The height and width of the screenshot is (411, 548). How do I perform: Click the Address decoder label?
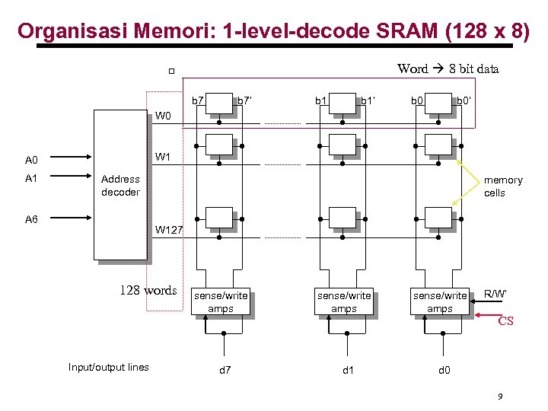pos(120,186)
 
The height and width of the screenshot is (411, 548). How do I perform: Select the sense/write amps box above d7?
pos(221,302)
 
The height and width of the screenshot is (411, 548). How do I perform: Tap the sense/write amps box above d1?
pos(344,302)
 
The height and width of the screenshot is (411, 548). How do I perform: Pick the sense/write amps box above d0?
pos(440,302)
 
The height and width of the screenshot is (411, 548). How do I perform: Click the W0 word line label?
pos(164,116)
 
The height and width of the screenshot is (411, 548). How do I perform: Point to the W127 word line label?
pos(169,229)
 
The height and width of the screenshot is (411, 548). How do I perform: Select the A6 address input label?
pos(31,219)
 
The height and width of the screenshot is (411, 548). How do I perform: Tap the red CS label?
pos(505,321)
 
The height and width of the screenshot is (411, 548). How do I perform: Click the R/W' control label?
pos(495,294)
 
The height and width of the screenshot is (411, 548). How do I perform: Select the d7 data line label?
pos(225,371)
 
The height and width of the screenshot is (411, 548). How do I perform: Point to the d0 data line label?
pos(444,371)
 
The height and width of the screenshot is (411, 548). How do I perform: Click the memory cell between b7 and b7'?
pos(220,104)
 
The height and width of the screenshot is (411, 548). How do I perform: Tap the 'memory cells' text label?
pos(503,186)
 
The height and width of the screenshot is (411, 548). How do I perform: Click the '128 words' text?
pos(148,290)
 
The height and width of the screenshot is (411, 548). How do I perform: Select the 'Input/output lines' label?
pos(109,368)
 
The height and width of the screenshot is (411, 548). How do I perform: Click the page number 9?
pos(499,397)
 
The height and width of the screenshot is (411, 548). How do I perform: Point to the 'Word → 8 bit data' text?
pos(448,69)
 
